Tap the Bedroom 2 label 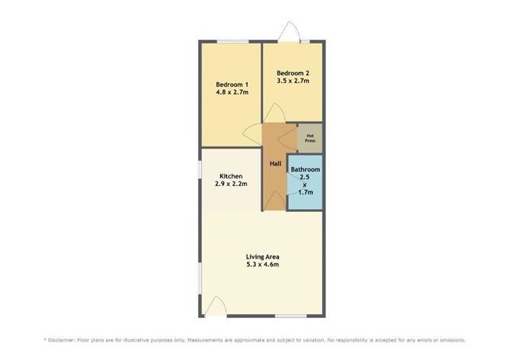coord(293,72)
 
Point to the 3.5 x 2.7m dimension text coord(293,81)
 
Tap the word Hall coord(274,163)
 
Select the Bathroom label coord(306,169)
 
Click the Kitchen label coord(231,176)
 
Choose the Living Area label coord(262,256)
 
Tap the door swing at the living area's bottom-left coord(216,307)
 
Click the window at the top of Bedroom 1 coord(232,40)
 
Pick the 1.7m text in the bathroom coord(306,192)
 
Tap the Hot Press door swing coord(287,138)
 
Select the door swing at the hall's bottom coord(274,201)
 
